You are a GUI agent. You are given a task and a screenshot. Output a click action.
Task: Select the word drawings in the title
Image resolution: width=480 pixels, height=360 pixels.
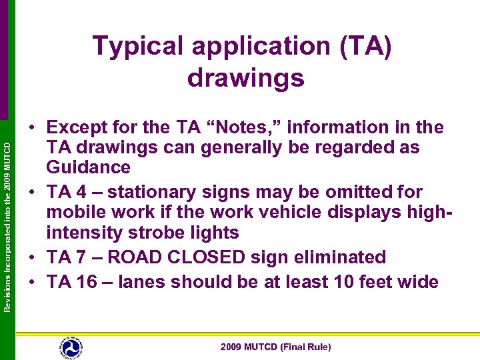click(x=246, y=78)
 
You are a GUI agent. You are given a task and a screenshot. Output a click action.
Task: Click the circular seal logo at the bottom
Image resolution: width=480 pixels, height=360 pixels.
click(x=71, y=346)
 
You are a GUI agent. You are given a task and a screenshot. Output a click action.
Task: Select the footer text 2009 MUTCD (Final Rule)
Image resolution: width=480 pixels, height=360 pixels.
click(x=275, y=347)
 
